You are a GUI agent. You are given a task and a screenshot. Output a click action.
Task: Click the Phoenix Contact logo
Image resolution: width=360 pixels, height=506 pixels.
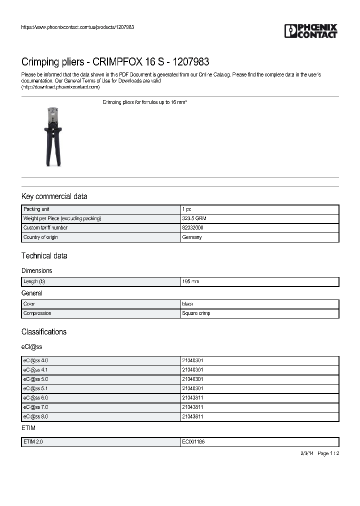point(310,31)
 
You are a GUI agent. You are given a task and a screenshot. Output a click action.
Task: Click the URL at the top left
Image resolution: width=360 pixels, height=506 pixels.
point(77,27)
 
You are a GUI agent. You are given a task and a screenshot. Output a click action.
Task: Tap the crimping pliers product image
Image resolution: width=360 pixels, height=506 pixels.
point(52,135)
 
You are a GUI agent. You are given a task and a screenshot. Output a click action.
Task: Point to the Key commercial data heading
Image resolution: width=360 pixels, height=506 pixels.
point(54,196)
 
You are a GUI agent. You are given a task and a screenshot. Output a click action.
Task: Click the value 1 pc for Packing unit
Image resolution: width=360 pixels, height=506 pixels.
point(186,209)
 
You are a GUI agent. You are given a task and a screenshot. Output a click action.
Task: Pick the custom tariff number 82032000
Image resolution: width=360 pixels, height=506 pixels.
point(192,228)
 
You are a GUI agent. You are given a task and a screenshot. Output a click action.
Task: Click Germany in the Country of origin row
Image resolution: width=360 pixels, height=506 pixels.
point(191,237)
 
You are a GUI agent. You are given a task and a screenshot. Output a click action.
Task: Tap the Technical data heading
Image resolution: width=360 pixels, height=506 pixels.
point(44,256)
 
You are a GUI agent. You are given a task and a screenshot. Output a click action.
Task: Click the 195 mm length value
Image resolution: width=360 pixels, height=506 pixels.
point(190,282)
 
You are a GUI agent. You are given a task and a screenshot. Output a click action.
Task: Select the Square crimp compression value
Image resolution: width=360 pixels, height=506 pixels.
point(196,313)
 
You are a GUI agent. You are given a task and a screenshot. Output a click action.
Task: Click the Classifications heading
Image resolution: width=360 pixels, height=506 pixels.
point(43,332)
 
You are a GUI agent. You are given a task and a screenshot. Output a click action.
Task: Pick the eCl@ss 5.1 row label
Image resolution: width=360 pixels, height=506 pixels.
point(35,388)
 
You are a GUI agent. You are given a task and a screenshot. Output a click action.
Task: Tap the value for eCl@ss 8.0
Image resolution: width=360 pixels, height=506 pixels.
point(192,416)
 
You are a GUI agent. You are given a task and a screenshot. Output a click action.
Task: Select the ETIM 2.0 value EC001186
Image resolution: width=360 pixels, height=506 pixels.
point(193,442)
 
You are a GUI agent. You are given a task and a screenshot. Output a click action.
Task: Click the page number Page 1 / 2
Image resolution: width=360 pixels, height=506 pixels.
point(328,453)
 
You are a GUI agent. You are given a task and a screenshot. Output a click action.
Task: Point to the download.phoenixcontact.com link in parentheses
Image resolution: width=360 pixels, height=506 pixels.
point(60,87)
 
